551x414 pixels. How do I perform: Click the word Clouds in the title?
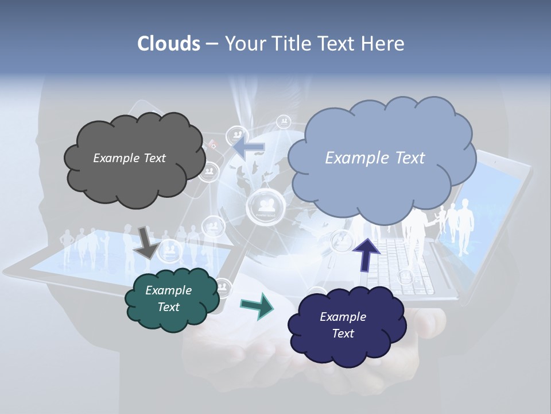(169, 44)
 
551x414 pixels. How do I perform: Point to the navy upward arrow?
(366, 254)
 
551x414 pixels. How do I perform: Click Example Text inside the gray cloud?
(129, 158)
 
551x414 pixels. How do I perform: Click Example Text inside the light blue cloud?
(375, 158)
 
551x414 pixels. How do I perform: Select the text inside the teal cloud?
(169, 298)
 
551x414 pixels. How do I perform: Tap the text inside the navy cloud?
(343, 325)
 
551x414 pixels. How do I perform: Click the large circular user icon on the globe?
(265, 205)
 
